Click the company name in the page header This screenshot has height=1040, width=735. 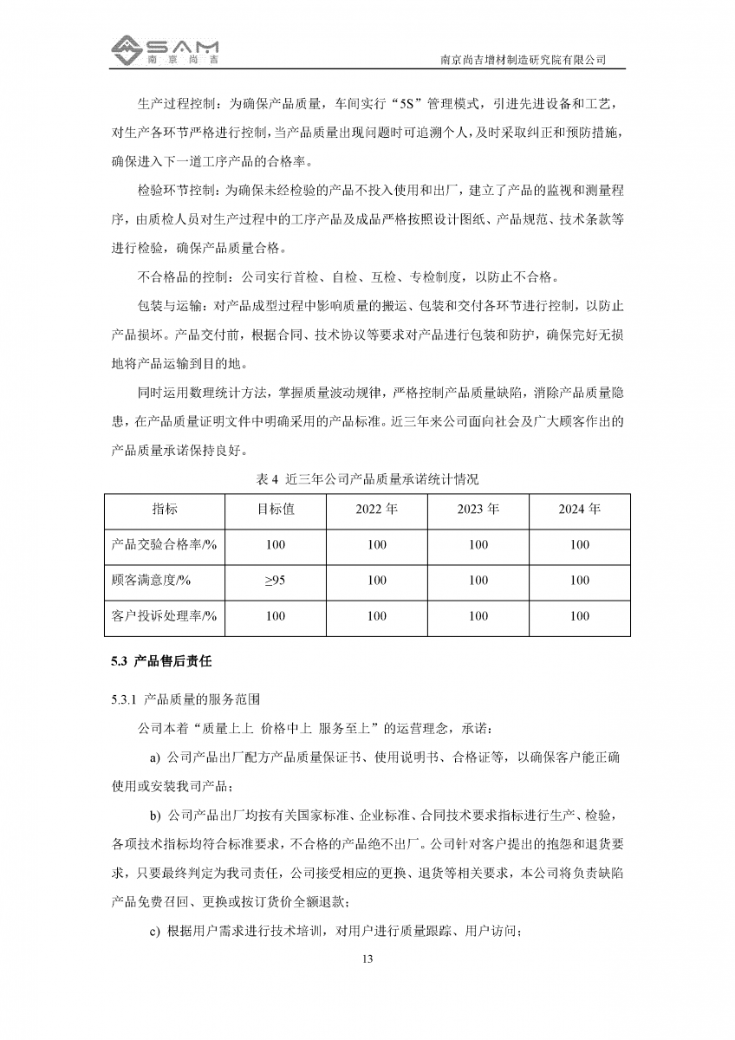click(523, 60)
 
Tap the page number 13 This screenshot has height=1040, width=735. click(367, 959)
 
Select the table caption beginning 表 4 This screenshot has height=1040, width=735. click(367, 478)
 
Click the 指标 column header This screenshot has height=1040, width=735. click(165, 509)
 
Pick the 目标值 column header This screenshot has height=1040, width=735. click(276, 509)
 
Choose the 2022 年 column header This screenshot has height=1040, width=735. click(377, 509)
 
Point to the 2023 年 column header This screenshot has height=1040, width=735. click(478, 509)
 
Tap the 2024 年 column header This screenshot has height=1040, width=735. click(580, 509)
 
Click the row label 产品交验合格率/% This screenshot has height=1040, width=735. click(164, 545)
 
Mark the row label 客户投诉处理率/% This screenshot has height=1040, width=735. click(164, 616)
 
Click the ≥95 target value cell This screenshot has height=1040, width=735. click(276, 581)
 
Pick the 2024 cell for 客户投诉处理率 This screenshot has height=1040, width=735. click(580, 616)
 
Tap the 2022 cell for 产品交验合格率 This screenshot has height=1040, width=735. click(377, 545)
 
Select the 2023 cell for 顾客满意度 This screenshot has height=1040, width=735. click(478, 581)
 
